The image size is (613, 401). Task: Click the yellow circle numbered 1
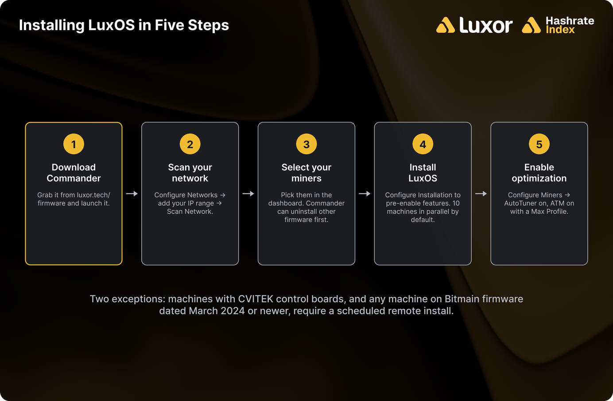coord(74,144)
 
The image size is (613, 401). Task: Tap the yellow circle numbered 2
coord(190,144)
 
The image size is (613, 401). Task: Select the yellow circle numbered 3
coord(306,144)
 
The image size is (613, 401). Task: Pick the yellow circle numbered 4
coord(423,144)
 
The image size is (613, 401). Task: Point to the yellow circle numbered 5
coord(539,144)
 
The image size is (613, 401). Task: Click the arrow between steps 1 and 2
coord(132,193)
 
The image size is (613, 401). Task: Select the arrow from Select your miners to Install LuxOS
coord(365,193)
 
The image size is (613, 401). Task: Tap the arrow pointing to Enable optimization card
coord(481,193)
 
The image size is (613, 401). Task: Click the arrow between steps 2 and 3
coord(248,193)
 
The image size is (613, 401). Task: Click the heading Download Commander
coord(74,173)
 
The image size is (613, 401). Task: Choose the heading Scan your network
coord(190,173)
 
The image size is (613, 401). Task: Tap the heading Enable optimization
coord(539,173)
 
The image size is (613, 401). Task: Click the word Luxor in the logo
coord(486,25)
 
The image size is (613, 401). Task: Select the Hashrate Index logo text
coord(570,25)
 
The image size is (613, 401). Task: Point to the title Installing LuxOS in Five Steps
coord(124,25)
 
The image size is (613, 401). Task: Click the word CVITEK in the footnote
coord(256,299)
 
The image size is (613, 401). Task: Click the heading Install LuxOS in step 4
coord(423,173)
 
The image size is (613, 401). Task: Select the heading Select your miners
coord(306,173)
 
